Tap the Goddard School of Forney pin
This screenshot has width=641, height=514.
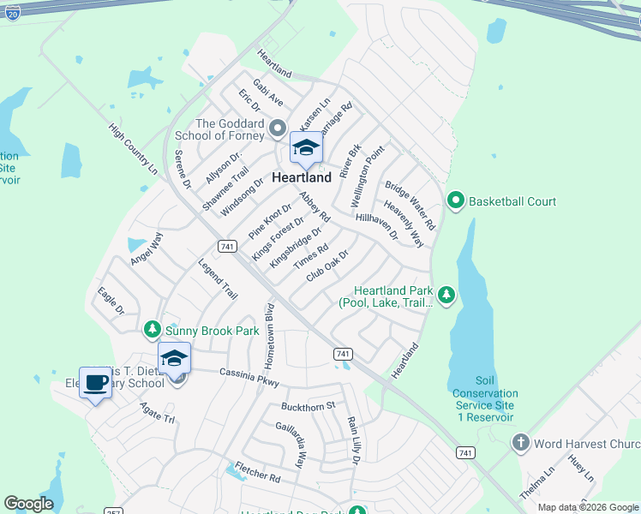click(x=277, y=128)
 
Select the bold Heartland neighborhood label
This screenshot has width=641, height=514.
click(x=302, y=177)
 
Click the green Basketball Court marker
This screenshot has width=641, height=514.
click(x=456, y=201)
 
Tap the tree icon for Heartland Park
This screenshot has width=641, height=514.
click(x=446, y=296)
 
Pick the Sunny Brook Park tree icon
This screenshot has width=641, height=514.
click(x=152, y=329)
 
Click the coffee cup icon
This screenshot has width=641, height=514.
click(x=94, y=383)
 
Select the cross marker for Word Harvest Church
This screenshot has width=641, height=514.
click(x=519, y=443)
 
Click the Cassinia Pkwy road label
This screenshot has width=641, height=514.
click(x=249, y=376)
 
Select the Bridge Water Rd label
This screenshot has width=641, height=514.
click(x=410, y=206)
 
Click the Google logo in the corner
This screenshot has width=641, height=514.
click(x=28, y=504)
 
